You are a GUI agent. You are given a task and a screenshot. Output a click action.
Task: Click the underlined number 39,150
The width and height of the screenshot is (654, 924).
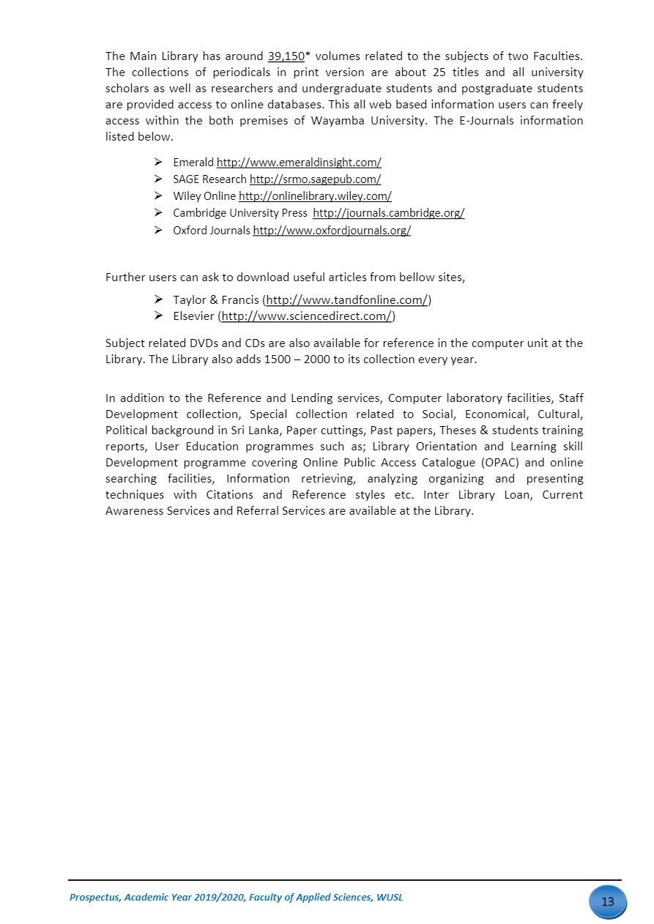point(286,56)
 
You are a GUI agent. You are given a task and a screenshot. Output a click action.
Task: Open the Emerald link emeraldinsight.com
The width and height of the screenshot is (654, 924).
point(299,163)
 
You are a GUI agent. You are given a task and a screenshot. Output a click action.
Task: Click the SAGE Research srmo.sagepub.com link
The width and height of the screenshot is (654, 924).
point(315,179)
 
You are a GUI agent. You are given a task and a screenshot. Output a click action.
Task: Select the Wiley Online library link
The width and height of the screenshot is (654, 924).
point(315,196)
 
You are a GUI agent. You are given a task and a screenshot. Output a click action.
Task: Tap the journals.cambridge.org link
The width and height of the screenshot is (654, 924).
point(388,213)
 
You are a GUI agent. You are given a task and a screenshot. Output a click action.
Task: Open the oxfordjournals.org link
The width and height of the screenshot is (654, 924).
point(332,231)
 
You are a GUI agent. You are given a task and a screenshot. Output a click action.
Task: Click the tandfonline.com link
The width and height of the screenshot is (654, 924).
point(346,300)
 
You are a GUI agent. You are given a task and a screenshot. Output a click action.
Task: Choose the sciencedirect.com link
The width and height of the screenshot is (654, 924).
point(307,316)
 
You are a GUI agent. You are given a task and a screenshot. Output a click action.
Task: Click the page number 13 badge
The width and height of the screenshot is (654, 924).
point(608,901)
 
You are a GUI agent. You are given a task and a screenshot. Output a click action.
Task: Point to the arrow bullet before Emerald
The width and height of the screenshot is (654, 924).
point(159,162)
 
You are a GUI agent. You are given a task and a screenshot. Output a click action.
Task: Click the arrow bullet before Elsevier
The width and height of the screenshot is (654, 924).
point(159,316)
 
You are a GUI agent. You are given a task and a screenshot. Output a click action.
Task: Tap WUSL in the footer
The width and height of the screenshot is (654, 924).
point(389,897)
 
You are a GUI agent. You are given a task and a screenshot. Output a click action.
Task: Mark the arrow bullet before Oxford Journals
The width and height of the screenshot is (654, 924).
point(159,230)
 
